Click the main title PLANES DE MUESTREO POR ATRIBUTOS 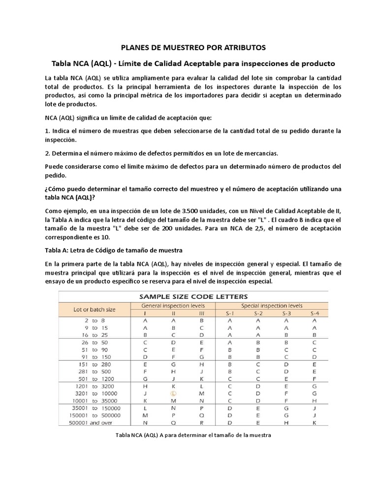(x=193, y=47)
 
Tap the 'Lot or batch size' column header (x=94, y=310)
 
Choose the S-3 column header (x=287, y=313)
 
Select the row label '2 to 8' (x=98, y=320)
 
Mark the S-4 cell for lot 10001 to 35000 (x=314, y=401)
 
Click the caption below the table (x=193, y=435)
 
